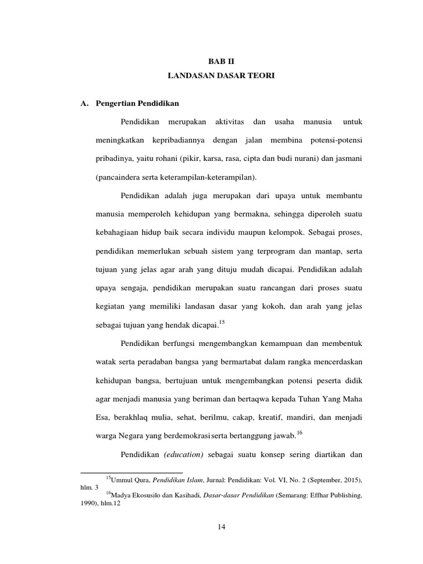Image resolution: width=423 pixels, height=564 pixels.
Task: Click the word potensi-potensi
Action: [335, 140]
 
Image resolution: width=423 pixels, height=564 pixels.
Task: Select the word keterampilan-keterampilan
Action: [201, 177]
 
